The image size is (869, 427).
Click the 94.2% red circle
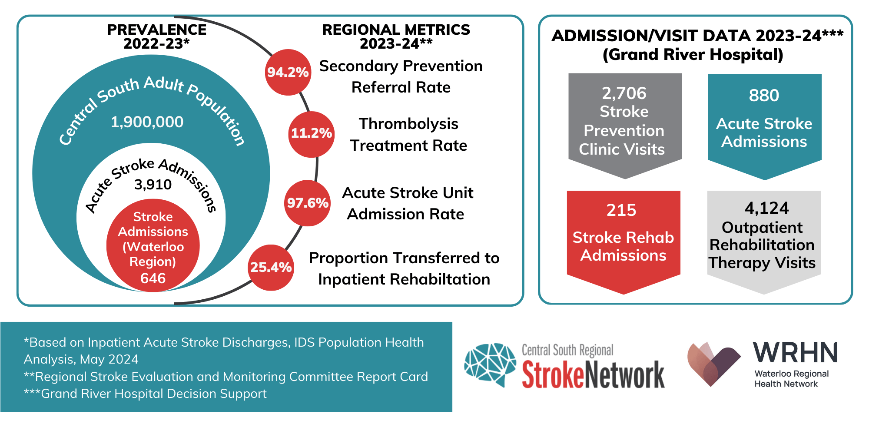pos(288,72)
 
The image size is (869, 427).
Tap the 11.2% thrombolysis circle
pos(312,133)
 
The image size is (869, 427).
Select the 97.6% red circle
pos(307,203)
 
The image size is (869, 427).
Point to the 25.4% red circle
pos(271,268)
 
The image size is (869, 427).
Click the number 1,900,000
pos(147,122)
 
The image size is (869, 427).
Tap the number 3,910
pos(153,185)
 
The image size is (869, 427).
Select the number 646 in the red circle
pos(153,278)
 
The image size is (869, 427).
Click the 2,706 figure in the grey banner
pos(624,93)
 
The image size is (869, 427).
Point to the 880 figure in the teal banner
pos(764,95)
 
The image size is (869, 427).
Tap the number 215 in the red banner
pos(621,210)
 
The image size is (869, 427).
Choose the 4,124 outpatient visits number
pos(766,208)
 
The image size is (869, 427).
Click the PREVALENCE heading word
pos(156,30)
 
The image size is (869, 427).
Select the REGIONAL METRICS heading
pos(396,30)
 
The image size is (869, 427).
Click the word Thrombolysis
pos(408,124)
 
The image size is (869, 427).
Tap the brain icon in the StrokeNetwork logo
pos(490,364)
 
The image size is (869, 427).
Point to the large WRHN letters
pos(795,353)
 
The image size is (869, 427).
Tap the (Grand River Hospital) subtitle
pos(693,55)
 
